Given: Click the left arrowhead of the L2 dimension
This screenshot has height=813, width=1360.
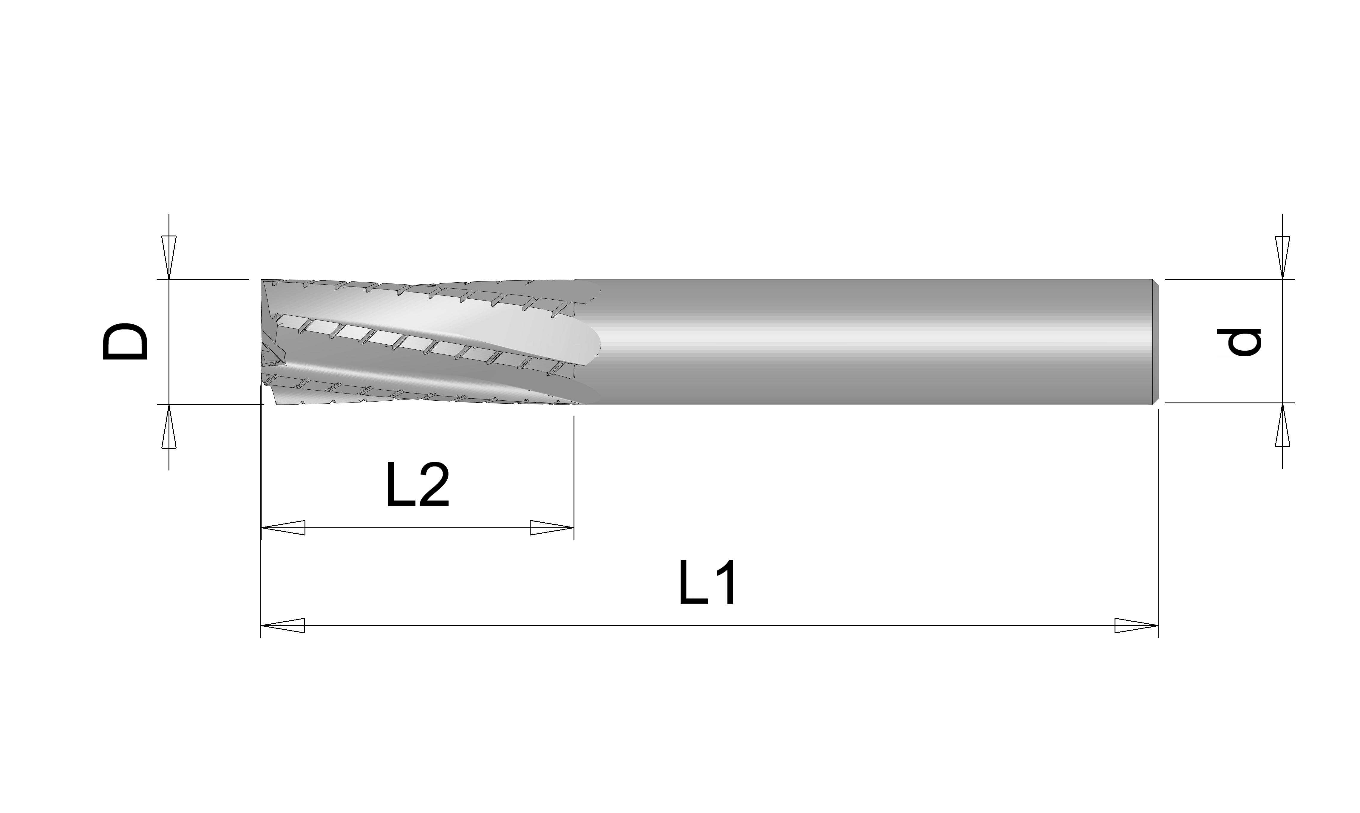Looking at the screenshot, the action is coord(283,528).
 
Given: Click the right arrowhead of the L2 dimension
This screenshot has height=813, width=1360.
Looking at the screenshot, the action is coord(552,528).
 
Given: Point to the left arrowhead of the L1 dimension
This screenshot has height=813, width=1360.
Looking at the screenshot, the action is coord(283,626).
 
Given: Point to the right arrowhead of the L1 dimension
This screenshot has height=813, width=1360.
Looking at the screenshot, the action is coord(1137,626).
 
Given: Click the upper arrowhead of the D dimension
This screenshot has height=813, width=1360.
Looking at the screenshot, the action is coord(169,258).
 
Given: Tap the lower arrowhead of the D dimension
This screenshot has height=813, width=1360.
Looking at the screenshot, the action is coord(169,427).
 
